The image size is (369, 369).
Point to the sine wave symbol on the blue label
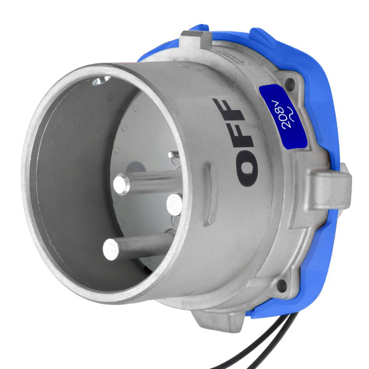coord(293,114)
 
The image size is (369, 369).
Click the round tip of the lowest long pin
coord(111,250)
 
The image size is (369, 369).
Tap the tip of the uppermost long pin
coord(121,184)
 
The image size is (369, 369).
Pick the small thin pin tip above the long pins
coord(171,154)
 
